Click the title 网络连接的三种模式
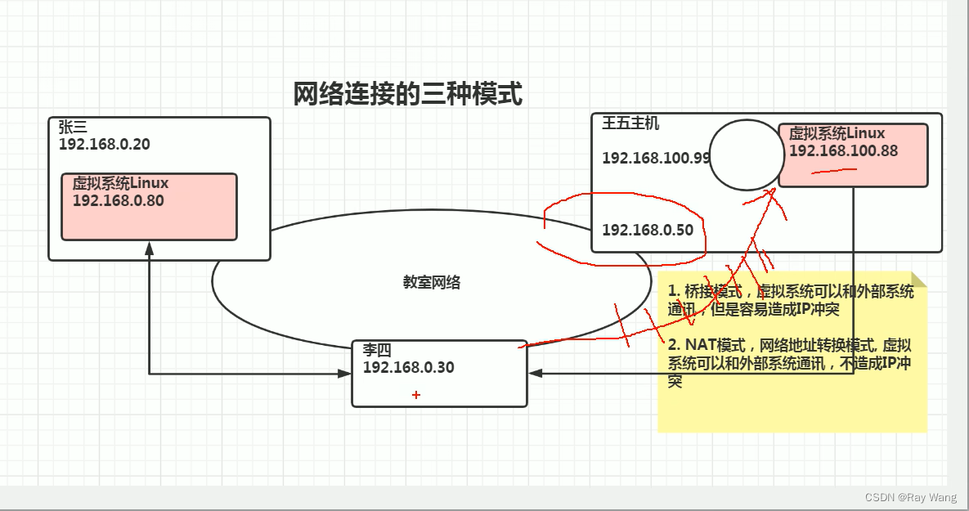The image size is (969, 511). (x=407, y=93)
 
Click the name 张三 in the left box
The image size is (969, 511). (x=73, y=128)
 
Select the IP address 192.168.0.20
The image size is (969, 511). (x=104, y=144)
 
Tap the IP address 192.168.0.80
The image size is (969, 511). (x=118, y=199)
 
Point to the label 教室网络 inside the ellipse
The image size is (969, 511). (x=431, y=282)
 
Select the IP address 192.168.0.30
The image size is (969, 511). (x=408, y=367)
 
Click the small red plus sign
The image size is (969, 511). (x=416, y=395)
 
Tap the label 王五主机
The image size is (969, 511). (x=630, y=124)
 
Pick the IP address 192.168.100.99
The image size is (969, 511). (x=656, y=158)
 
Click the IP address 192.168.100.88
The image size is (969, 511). (x=843, y=150)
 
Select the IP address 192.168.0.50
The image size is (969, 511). (x=647, y=230)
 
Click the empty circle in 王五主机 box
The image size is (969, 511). (x=746, y=155)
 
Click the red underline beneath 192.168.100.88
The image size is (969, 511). (x=832, y=171)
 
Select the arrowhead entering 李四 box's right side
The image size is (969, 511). (x=535, y=374)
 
